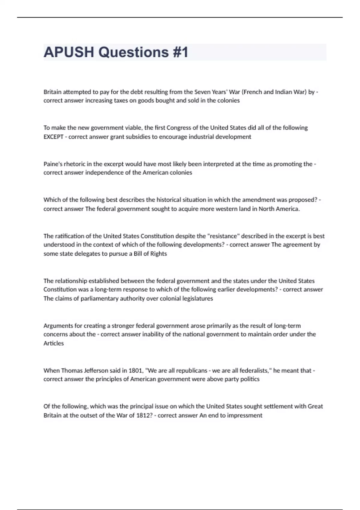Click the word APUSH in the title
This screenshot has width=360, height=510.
pyautogui.click(x=69, y=52)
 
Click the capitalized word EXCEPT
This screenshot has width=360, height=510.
pyautogui.click(x=53, y=137)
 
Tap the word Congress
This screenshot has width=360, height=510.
pyautogui.click(x=179, y=128)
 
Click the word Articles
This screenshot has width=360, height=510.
pyautogui.click(x=54, y=343)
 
